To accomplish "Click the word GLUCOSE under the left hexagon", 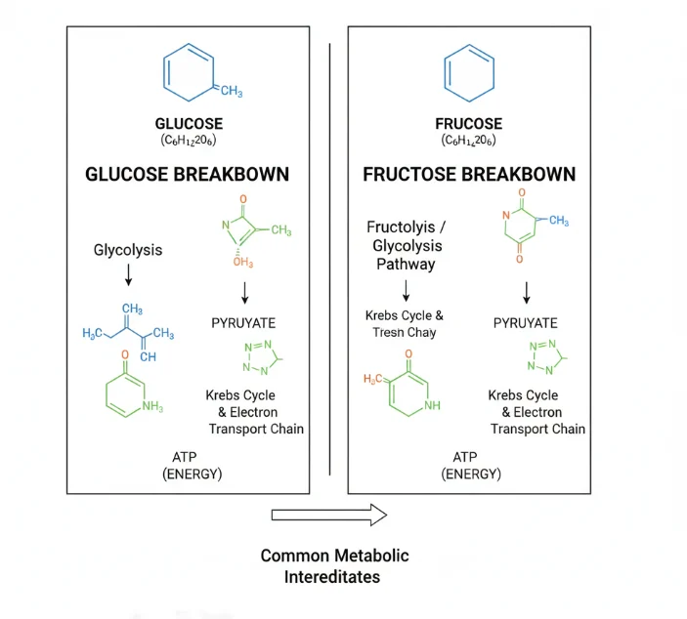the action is [x=189, y=124].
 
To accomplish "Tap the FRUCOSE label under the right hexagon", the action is [x=469, y=124].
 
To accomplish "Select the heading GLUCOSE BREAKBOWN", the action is [x=187, y=174].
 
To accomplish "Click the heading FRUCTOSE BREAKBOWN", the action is [x=469, y=174].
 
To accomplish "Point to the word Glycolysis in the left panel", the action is [x=128, y=250].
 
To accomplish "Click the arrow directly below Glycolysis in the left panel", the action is [x=128, y=275].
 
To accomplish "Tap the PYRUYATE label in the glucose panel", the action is [x=243, y=323].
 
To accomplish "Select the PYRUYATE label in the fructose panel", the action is [x=526, y=323].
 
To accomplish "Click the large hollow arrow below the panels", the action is [x=329, y=515].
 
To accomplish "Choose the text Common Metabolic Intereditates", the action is [x=334, y=566].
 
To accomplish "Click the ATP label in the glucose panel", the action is [x=185, y=458].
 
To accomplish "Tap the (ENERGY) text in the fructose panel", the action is [x=471, y=475].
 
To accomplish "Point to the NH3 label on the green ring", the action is [x=152, y=406].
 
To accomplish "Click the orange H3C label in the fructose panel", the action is [x=373, y=379].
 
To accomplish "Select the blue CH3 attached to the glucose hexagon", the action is [x=232, y=91].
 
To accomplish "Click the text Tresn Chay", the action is [x=404, y=333].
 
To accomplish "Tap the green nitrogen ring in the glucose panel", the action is [x=262, y=358].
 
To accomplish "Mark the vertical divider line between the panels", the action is [x=329, y=259].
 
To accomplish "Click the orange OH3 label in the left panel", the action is [x=243, y=262].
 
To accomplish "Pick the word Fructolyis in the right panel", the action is [x=401, y=227].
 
